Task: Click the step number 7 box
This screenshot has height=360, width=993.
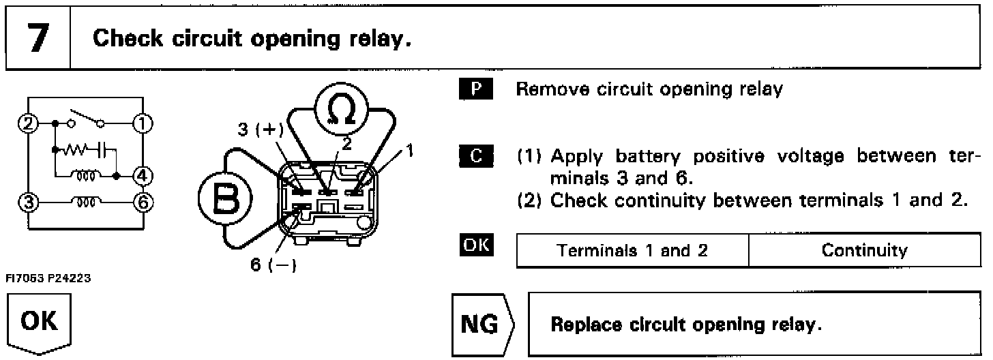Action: pyautogui.click(x=38, y=38)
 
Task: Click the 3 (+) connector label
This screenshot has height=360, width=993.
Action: pyautogui.click(x=261, y=130)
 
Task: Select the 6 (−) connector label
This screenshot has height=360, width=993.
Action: pyautogui.click(x=273, y=265)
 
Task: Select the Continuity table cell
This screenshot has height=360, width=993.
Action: pyautogui.click(x=864, y=251)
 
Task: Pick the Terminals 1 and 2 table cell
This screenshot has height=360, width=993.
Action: pyautogui.click(x=633, y=251)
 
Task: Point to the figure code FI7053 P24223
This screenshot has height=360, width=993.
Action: pyautogui.click(x=50, y=279)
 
